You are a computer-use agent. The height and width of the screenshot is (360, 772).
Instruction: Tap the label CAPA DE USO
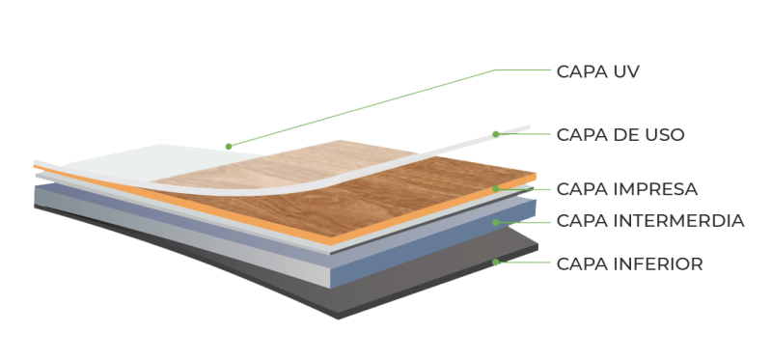coord(621,134)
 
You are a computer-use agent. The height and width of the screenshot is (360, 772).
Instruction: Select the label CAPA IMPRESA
coord(627,188)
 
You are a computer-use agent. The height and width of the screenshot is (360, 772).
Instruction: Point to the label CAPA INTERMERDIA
coord(651,222)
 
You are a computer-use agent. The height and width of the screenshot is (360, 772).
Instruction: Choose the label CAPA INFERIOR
coord(628,263)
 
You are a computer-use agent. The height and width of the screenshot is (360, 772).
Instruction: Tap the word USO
coord(665,134)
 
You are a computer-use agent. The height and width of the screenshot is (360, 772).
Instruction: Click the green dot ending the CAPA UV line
coord(228,147)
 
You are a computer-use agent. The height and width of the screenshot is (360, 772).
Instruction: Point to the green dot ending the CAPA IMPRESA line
coord(496,189)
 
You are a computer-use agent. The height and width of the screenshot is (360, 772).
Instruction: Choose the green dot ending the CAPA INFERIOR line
coord(496,263)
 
